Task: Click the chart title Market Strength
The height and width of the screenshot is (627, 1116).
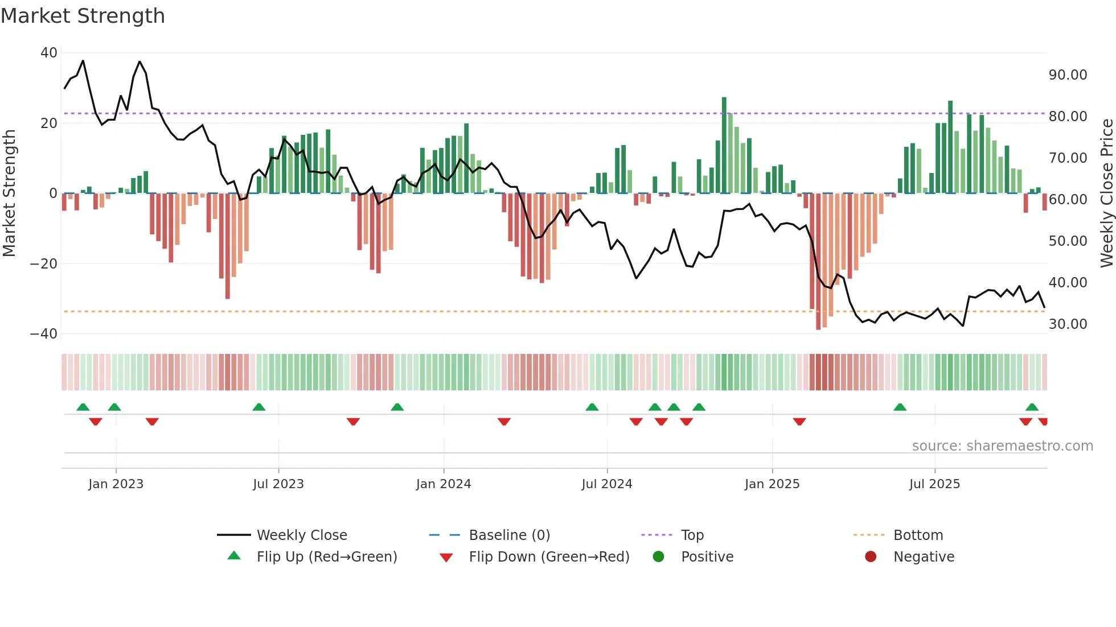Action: [83, 16]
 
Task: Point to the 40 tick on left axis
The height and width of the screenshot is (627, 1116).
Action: [49, 53]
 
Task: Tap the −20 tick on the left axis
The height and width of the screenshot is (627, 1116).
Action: [44, 264]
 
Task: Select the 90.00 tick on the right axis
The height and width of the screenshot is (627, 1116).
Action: [1068, 75]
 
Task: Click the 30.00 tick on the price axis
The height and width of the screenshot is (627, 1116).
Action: [1068, 324]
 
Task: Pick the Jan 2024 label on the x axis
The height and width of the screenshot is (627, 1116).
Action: [444, 484]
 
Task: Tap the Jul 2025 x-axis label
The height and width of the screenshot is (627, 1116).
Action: [934, 484]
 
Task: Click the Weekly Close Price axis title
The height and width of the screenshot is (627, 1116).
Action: [1106, 193]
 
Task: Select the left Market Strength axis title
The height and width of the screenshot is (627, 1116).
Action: [9, 193]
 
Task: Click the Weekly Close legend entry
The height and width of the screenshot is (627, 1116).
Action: [301, 535]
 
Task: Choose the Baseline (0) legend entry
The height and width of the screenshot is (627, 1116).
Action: [509, 535]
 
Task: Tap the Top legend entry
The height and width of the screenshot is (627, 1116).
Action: [692, 535]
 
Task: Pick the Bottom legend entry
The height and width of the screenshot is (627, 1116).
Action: [918, 535]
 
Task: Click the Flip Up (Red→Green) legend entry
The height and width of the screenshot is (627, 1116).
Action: [326, 557]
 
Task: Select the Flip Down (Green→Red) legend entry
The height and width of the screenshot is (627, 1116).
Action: [549, 557]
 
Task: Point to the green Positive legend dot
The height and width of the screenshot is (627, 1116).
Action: [659, 557]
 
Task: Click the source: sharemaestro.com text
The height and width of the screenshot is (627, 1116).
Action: [1002, 446]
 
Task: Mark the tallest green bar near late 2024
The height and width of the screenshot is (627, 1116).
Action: [724, 145]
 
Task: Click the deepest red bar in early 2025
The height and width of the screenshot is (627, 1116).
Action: [818, 262]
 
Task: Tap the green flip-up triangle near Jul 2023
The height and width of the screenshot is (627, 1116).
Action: [259, 407]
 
